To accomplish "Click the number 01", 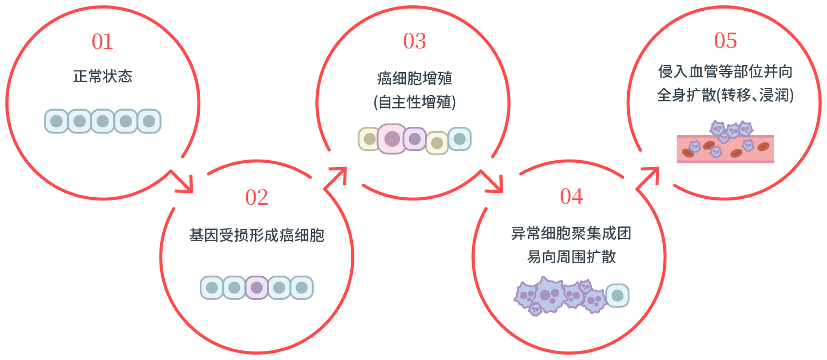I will (102, 42).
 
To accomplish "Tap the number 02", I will (257, 198).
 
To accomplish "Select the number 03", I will (415, 42).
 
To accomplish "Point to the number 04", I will (571, 197).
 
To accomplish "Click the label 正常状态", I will (103, 76).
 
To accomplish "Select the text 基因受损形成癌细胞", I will (257, 235).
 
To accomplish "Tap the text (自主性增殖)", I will (415, 102).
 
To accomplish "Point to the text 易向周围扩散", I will (571, 257).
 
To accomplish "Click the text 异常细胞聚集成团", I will (571, 234).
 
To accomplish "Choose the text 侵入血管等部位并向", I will (726, 71).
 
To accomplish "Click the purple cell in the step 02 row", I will (257, 287).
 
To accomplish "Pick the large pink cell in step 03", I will (392, 139).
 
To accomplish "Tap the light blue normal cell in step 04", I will (618, 296).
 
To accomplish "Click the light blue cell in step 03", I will (460, 139).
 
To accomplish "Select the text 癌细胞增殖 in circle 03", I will (415, 79).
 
